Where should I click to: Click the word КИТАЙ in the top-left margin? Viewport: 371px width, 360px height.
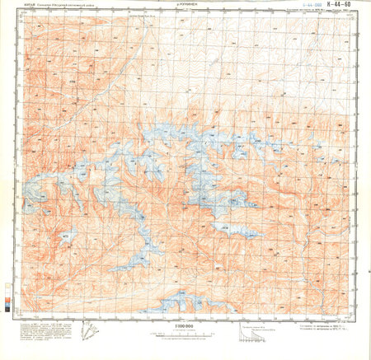[x=31, y=5]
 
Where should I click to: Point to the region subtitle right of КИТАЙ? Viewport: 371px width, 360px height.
[x=74, y=5]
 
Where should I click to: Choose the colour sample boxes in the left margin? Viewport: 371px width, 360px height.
[x=9, y=295]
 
